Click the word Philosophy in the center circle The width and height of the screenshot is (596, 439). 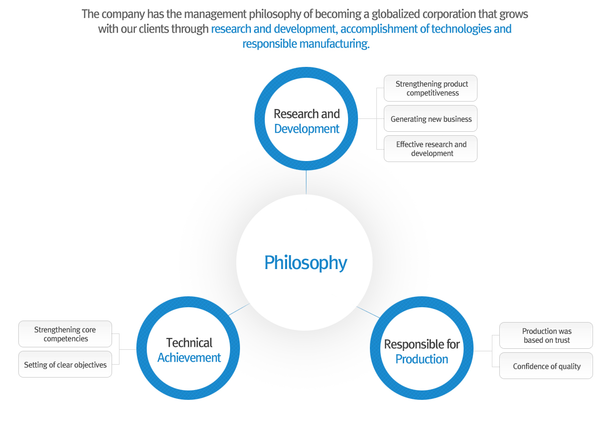point(305,262)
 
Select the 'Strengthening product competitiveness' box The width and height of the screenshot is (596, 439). point(430,88)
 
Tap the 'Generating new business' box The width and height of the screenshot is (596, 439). point(430,119)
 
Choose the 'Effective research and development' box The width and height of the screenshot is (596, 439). point(430,149)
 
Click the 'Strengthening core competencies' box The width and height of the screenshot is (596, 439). point(65,334)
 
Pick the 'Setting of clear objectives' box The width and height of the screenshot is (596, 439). point(65,365)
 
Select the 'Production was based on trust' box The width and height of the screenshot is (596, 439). point(546,335)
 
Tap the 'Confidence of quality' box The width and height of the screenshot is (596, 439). point(546,366)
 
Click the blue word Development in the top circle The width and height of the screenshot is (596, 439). point(306,129)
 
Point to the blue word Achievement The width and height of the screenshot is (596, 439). point(189,358)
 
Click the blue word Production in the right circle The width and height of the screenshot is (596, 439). point(421,359)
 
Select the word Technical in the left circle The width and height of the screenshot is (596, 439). point(189,343)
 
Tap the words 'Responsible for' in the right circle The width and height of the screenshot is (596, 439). point(421,344)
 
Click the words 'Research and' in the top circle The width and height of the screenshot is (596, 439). point(306,114)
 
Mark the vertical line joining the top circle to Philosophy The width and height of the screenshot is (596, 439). point(306,182)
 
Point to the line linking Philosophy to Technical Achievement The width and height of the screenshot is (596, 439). point(238,310)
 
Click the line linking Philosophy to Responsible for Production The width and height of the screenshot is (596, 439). point(368,312)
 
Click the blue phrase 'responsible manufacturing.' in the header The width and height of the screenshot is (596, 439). point(306,44)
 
